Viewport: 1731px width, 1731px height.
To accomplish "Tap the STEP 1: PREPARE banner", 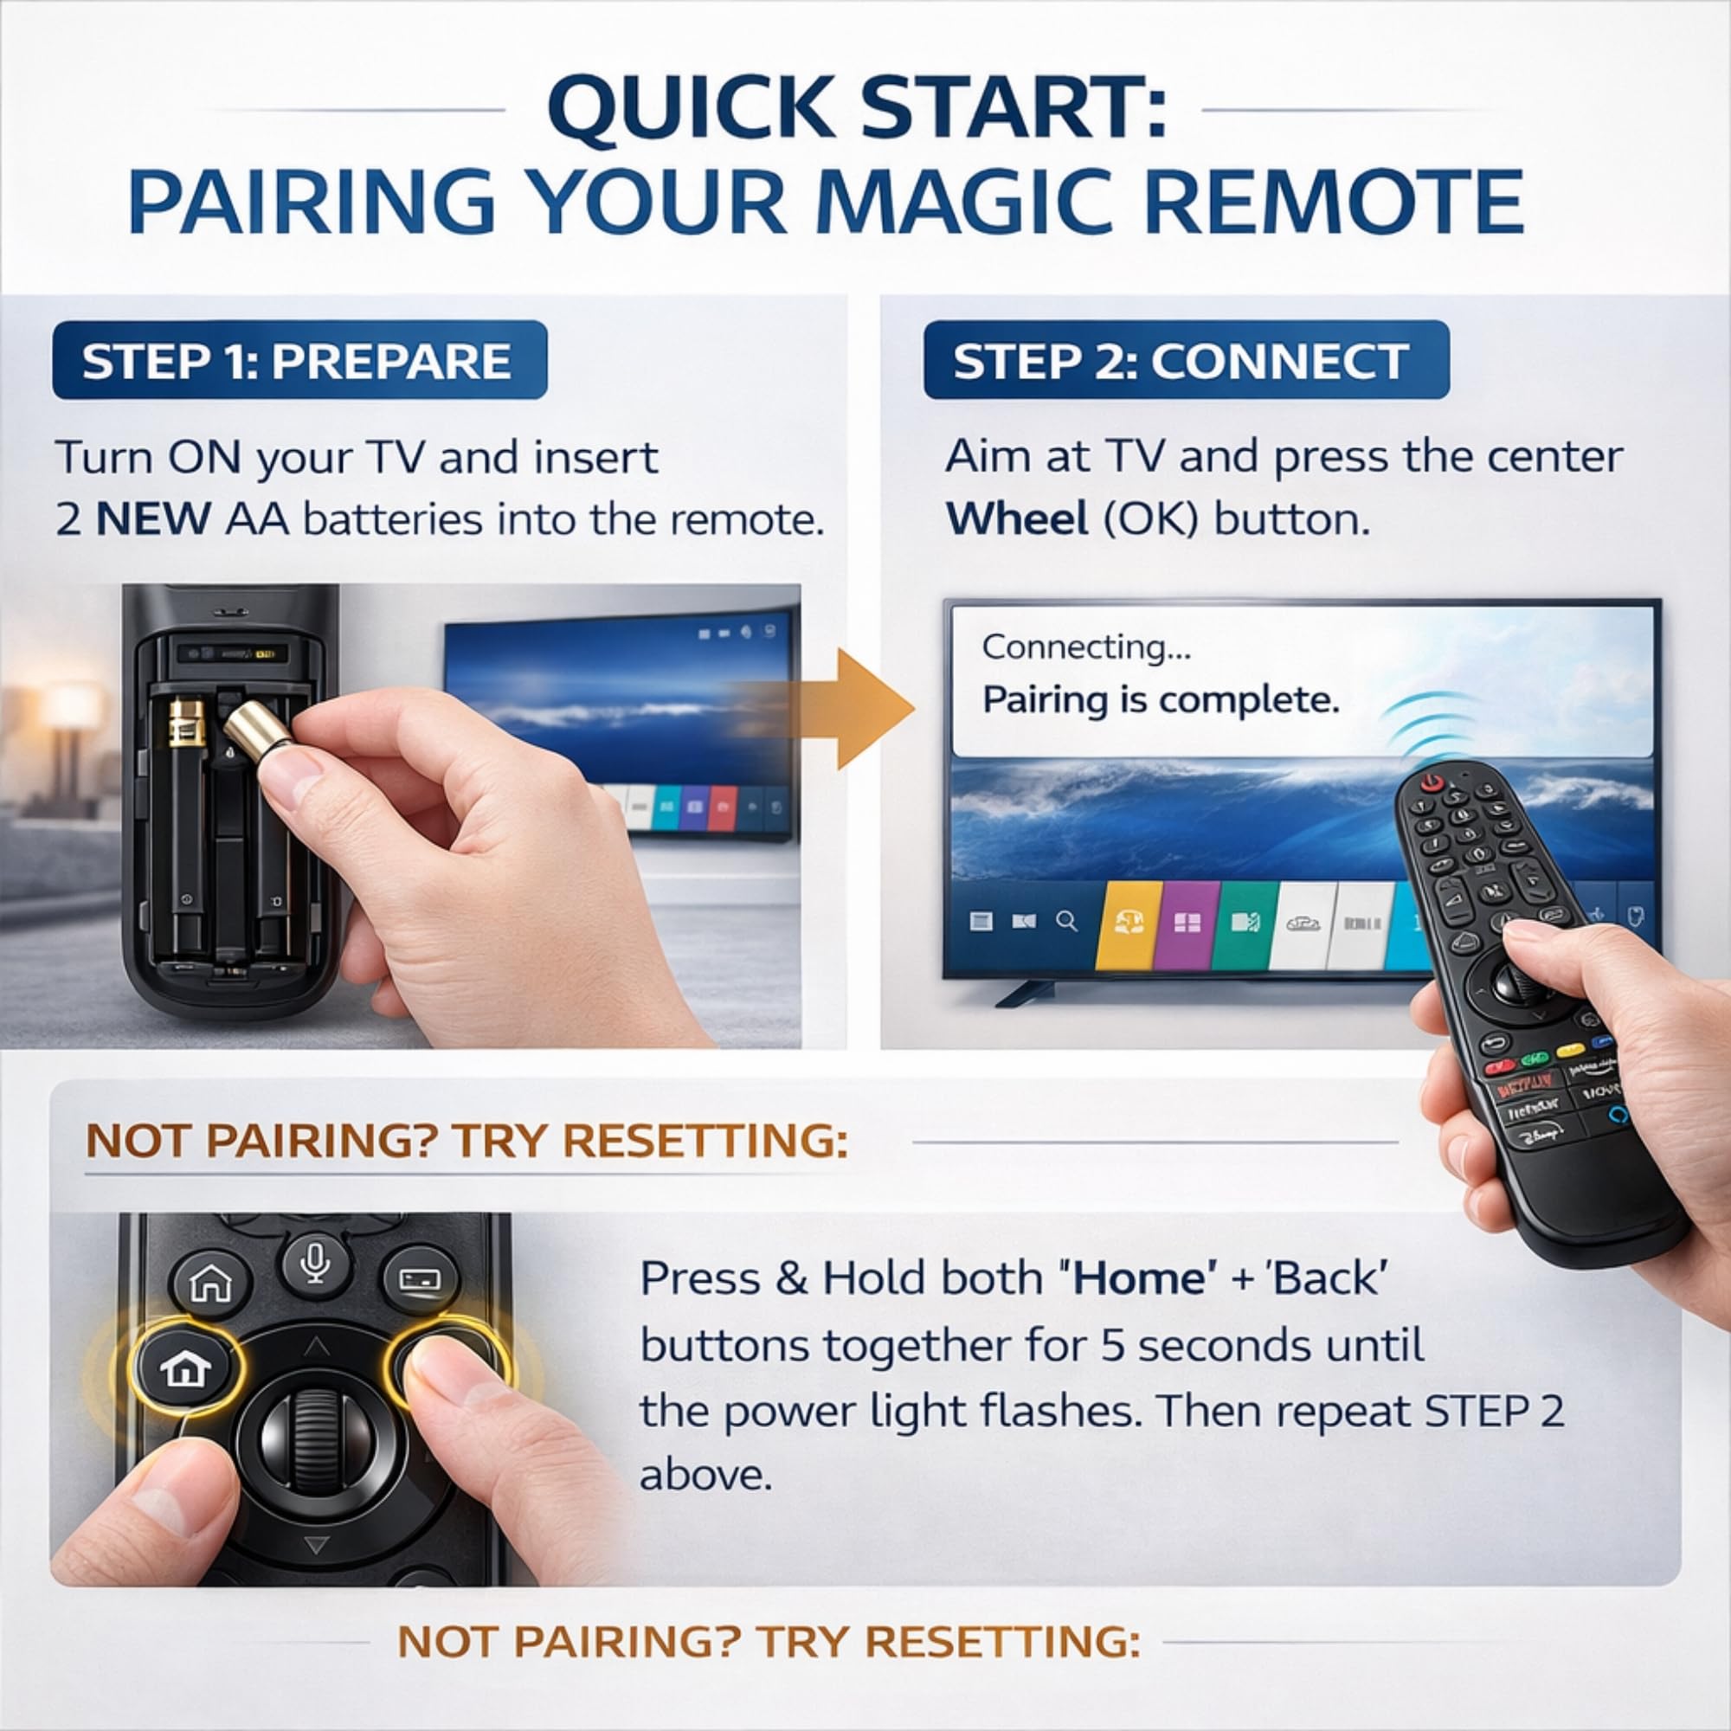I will point(299,360).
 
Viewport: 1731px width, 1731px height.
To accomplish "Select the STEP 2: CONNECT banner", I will point(1186,360).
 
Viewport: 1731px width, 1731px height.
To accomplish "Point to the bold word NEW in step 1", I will point(153,519).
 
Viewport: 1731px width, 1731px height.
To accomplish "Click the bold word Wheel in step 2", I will point(1017,519).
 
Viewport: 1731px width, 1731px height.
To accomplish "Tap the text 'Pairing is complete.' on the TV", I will point(1161,699).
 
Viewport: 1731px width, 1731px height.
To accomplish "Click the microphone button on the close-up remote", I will point(312,1266).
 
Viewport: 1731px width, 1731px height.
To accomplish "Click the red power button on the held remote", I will point(1432,782).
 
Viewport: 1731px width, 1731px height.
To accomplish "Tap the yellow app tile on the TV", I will point(1128,923).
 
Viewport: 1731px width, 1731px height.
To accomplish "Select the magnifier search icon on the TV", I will point(1066,922).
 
